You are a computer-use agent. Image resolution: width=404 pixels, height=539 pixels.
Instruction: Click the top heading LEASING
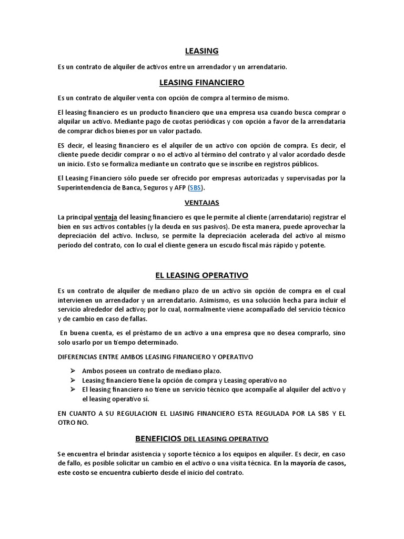[202, 51]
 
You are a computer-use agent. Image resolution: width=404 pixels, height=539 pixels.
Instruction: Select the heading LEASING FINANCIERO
[202, 82]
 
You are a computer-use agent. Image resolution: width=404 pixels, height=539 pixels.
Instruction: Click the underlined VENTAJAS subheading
[202, 202]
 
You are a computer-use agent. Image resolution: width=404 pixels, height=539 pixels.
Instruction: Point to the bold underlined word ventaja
[105, 217]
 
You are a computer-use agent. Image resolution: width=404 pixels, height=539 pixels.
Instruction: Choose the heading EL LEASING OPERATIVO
[202, 275]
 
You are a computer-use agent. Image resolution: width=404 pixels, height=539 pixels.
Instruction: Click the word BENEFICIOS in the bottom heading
[158, 438]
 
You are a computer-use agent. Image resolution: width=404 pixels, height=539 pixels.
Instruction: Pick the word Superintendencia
[84, 187]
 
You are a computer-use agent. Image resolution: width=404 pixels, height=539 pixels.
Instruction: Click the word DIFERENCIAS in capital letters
[78, 356]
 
